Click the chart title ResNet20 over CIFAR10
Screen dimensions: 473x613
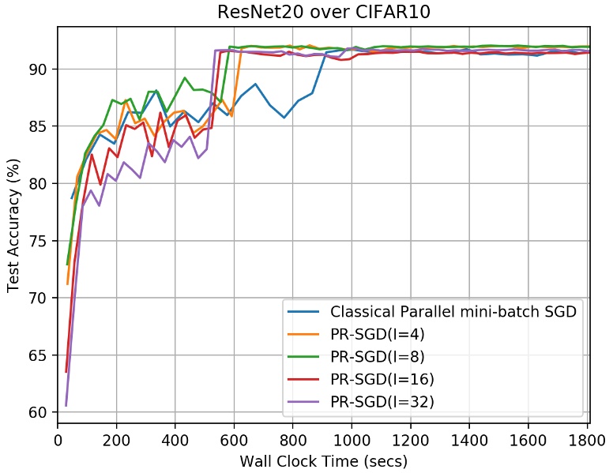(x=323, y=13)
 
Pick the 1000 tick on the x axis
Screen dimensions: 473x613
(x=352, y=439)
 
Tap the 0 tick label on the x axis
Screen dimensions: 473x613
(x=58, y=439)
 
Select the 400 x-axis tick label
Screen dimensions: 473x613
(x=175, y=439)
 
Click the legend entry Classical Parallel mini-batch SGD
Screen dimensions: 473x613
(x=454, y=312)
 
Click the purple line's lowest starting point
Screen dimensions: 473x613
(x=66, y=405)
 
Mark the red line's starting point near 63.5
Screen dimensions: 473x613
(x=66, y=372)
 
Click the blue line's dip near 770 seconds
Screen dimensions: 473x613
(x=284, y=118)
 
